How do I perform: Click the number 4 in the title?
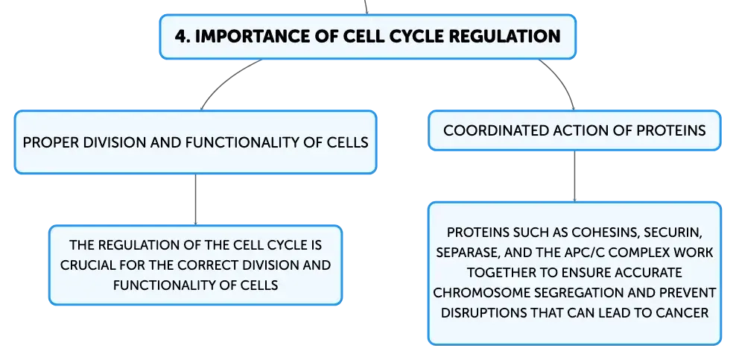(180, 37)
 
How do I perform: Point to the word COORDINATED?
(496, 130)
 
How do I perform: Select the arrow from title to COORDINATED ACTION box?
(561, 83)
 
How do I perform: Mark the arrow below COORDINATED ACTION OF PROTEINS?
(574, 177)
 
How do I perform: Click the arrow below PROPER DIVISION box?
(195, 200)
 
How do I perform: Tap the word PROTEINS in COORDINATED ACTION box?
(670, 130)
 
